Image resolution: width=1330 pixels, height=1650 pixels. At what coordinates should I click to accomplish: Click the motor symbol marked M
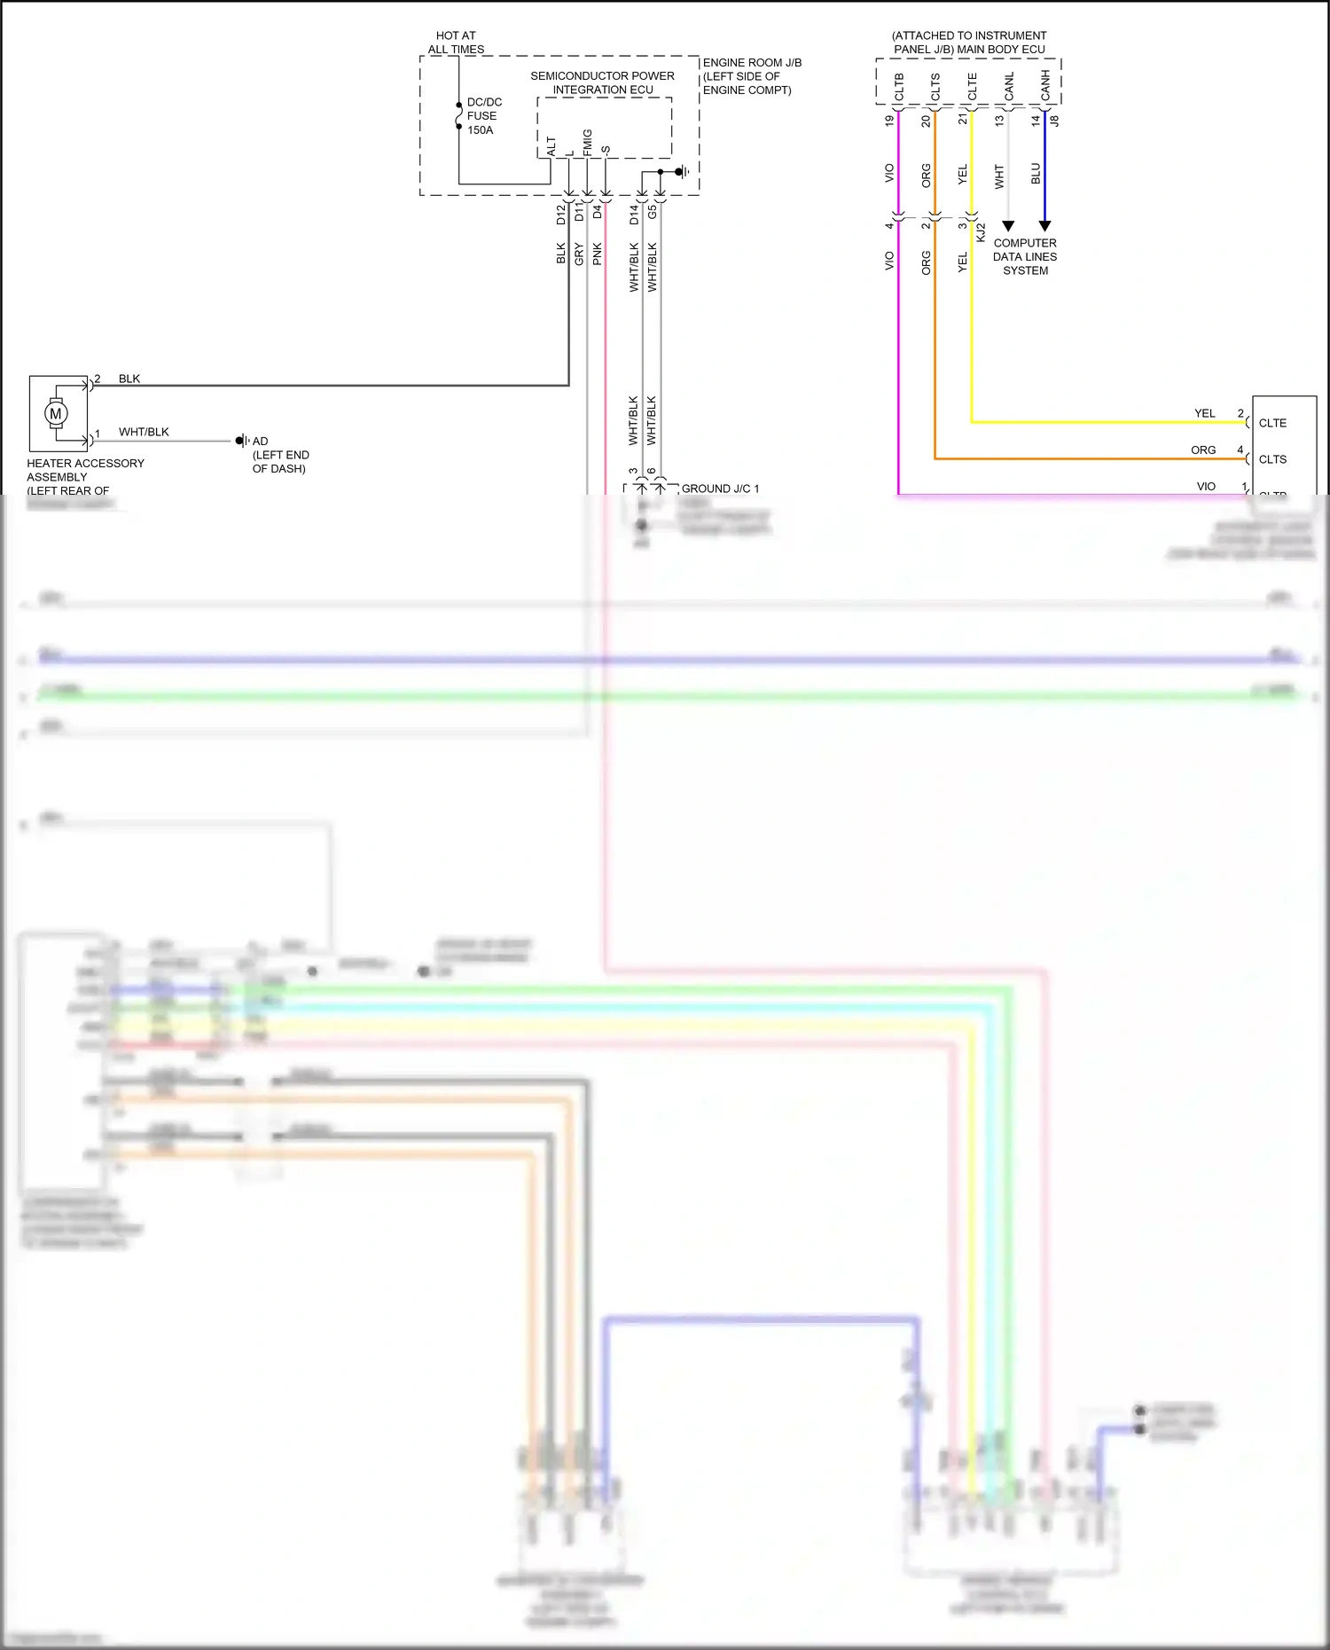pos(56,413)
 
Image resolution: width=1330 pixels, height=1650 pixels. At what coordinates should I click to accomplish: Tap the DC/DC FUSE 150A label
pos(484,116)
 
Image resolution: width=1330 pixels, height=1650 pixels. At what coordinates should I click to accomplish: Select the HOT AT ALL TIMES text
pos(456,43)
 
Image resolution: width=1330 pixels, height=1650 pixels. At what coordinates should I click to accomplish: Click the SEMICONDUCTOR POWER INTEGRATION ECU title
pos(602,82)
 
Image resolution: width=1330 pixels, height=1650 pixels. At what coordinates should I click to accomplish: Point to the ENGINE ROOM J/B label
pos(752,63)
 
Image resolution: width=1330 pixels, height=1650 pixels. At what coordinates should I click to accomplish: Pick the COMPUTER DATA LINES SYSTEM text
pos(1025,256)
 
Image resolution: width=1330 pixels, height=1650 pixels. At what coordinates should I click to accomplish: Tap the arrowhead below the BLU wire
pos(1044,226)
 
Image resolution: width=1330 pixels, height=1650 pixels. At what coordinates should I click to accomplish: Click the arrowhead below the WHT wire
pos(1008,226)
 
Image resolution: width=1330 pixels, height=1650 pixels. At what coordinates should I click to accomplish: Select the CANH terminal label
pos(1045,86)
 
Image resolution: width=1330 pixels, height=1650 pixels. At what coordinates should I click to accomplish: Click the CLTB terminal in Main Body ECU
pos(899,87)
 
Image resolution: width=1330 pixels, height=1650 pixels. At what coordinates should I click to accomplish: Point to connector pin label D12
pos(560,214)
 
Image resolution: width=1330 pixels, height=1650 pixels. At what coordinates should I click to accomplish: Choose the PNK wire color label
pos(598,254)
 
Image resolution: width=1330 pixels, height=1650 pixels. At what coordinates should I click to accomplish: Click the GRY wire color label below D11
pos(579,254)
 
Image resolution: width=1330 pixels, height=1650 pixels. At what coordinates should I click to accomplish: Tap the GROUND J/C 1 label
pos(720,489)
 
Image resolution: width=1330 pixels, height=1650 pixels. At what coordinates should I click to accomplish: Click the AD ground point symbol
pos(240,441)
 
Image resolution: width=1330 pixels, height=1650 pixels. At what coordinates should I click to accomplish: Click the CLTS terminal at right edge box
pos(1272,459)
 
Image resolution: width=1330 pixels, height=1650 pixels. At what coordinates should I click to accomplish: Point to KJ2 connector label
pos(981,233)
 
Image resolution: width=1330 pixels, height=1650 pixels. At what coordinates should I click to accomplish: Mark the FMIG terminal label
pos(588,142)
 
